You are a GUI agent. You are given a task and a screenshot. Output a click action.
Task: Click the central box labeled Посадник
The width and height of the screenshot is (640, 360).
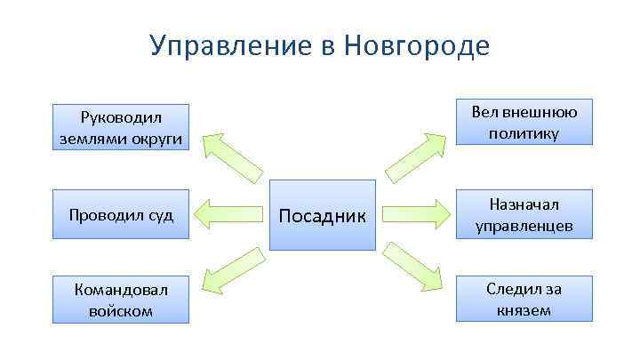pos(323,214)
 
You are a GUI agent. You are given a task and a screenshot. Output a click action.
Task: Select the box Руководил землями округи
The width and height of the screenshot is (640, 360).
pos(121,126)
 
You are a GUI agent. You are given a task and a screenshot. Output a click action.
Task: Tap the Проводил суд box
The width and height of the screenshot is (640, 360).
pos(121,214)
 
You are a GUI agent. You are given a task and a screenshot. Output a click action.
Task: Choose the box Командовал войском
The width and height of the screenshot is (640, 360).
pos(121,300)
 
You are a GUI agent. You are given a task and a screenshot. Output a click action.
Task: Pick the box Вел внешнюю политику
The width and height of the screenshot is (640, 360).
pos(524,122)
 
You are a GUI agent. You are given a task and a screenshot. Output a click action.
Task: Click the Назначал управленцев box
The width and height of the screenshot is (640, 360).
pos(524,214)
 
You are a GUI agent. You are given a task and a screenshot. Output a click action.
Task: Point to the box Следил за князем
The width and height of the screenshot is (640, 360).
pos(524,299)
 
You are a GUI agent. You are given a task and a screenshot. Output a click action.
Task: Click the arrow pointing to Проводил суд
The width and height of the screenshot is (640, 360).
pos(230,214)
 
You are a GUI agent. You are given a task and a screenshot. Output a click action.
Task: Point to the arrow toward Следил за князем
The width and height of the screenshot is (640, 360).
pos(416,268)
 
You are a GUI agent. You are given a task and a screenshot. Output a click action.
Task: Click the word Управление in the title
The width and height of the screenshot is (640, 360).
pos(227,45)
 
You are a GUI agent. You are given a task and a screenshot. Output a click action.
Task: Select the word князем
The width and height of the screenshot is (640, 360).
pos(524,309)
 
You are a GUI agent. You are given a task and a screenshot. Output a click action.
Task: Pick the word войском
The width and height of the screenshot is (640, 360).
pos(121,311)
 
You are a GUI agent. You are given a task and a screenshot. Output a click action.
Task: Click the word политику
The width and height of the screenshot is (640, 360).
pos(524,133)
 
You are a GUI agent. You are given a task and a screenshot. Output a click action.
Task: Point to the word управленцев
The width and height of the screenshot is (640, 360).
pos(524,226)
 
